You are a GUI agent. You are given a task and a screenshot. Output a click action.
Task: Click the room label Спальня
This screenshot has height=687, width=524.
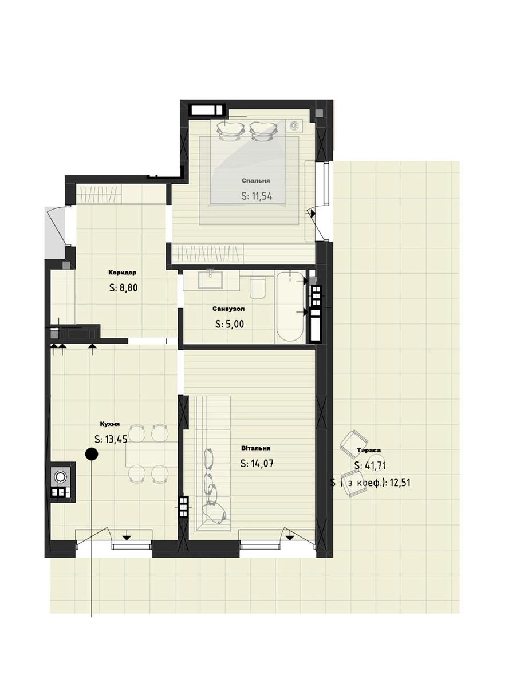pyautogui.click(x=255, y=180)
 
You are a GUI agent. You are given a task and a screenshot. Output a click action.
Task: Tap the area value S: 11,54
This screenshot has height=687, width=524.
pyautogui.click(x=257, y=196)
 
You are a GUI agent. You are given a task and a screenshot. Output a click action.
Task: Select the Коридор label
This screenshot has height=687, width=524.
pyautogui.click(x=123, y=273)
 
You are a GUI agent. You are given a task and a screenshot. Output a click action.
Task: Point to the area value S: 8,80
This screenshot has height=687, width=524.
pyautogui.click(x=123, y=287)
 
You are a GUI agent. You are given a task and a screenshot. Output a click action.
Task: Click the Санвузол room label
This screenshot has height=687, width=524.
pyautogui.click(x=228, y=309)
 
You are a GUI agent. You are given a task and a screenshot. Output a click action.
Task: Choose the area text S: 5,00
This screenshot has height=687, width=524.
pyautogui.click(x=230, y=324)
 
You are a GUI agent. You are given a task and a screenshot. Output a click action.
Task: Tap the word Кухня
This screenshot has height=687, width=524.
pyautogui.click(x=109, y=424)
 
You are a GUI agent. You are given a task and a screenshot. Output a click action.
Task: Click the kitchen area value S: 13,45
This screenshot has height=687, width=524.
pyautogui.click(x=111, y=440)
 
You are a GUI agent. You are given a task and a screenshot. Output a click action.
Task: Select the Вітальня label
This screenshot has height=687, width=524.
pyautogui.click(x=256, y=448)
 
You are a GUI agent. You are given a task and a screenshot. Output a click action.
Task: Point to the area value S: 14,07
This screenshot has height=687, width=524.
pyautogui.click(x=257, y=464)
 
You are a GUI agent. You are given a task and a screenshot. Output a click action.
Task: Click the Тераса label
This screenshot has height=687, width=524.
pyautogui.click(x=369, y=450)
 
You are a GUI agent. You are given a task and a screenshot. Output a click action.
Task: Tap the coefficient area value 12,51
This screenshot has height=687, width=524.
pyautogui.click(x=400, y=482)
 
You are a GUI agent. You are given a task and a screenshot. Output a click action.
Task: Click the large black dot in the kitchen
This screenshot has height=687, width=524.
pyautogui.click(x=92, y=454)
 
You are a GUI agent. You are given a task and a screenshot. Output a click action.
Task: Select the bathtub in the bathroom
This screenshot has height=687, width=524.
pyautogui.click(x=290, y=306)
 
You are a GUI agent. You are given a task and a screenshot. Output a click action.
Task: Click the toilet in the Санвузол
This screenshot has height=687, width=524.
pyautogui.click(x=258, y=287)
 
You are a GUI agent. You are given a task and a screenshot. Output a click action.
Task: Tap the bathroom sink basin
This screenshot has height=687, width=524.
pyautogui.click(x=210, y=280)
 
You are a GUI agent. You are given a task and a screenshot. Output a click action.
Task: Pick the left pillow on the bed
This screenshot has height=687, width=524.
pyautogui.click(x=230, y=131)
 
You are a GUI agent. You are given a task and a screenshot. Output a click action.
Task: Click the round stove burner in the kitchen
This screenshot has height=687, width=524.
pyautogui.click(x=60, y=477)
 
